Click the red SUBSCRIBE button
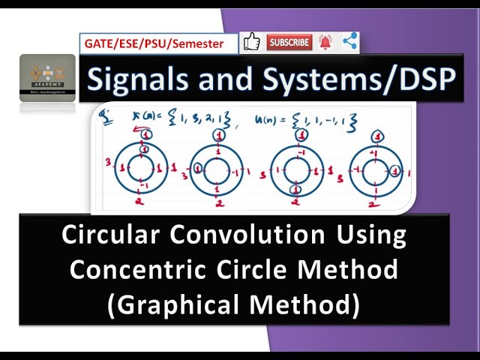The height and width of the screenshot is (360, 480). coord(289,43)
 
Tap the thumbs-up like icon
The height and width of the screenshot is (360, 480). coord(252,43)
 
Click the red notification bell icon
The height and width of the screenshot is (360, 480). coord(325,43)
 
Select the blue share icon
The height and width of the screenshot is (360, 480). coord(349,43)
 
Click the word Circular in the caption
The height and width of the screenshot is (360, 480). coord(115,235)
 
